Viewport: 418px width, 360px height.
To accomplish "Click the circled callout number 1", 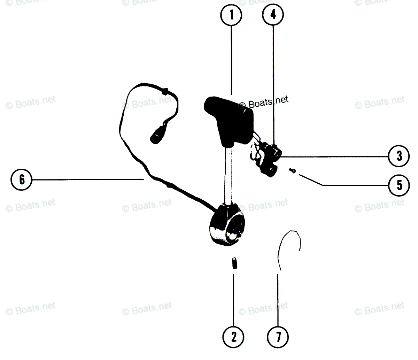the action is [x=231, y=16].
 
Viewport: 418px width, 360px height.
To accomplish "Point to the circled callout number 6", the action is [x=22, y=179].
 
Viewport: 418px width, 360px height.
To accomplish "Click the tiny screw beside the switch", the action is [x=292, y=170].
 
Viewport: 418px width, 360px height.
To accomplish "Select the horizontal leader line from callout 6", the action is [x=87, y=179].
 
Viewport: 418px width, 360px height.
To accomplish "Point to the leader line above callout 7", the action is [x=278, y=300].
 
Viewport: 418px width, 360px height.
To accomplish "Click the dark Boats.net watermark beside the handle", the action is [x=264, y=102].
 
